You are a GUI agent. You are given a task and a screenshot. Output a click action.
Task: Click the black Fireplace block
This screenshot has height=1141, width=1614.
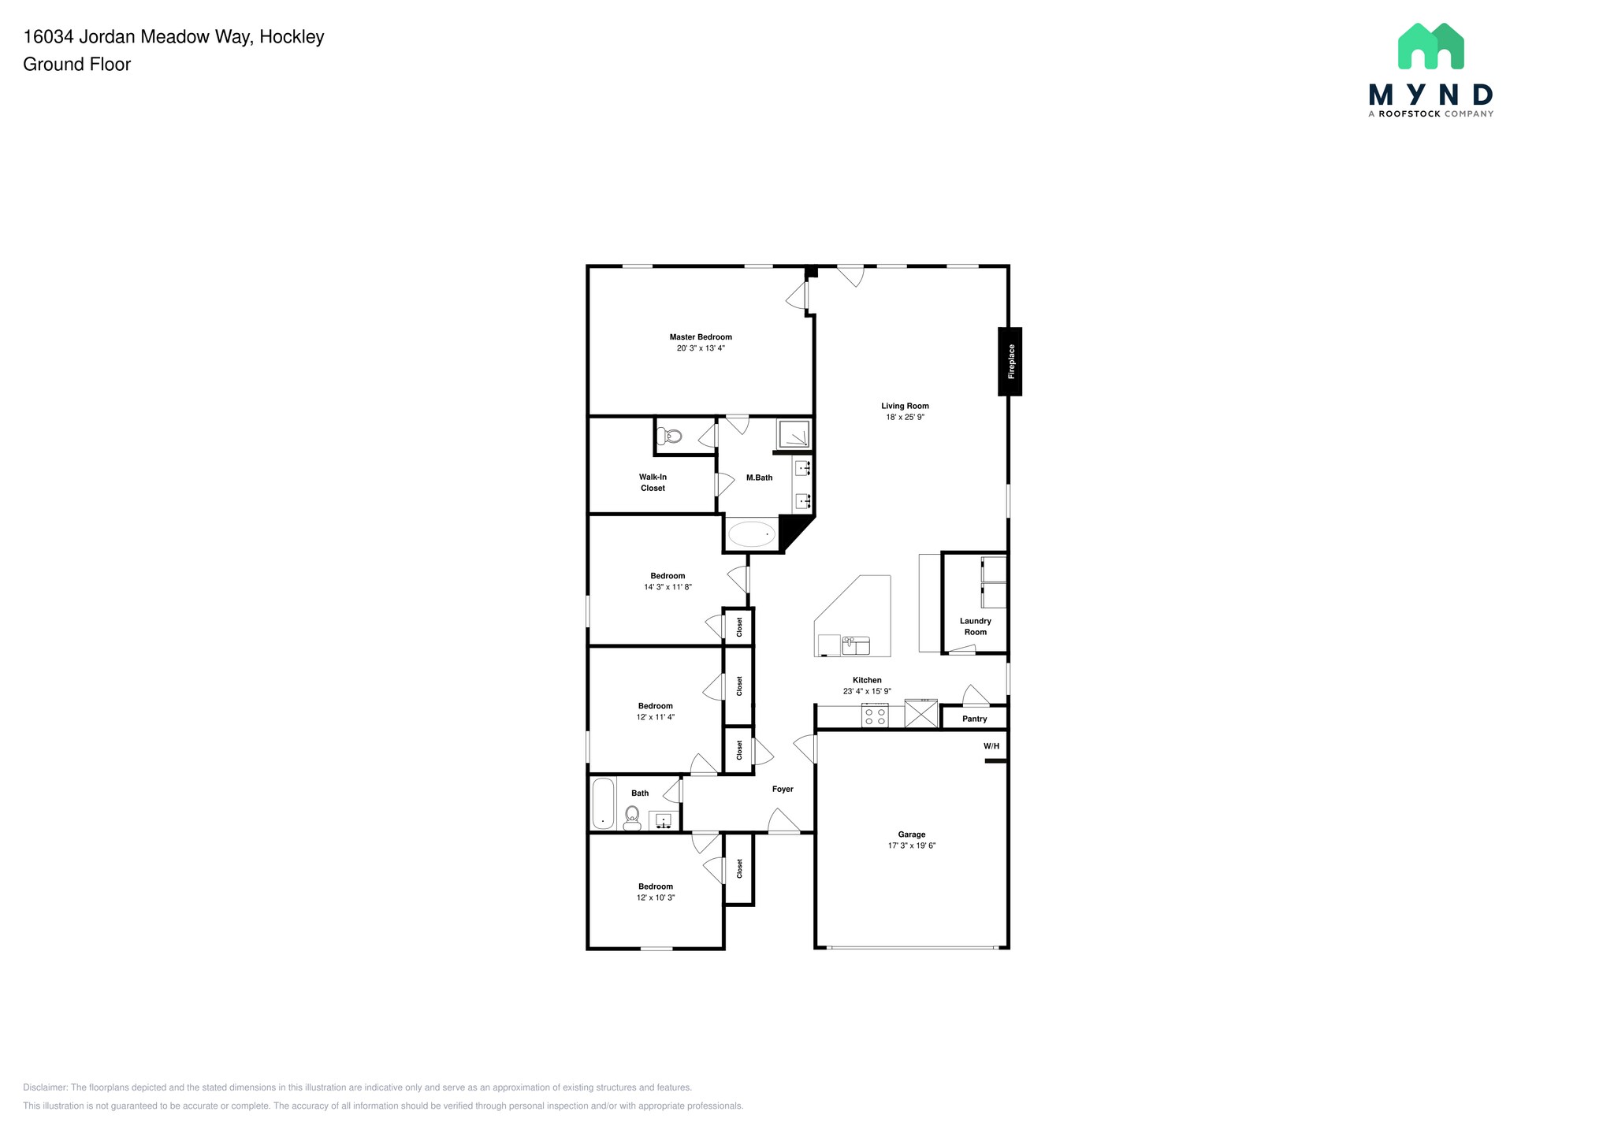pyautogui.click(x=1010, y=362)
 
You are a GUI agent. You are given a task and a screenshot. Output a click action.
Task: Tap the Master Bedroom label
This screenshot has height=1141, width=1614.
pyautogui.click(x=701, y=337)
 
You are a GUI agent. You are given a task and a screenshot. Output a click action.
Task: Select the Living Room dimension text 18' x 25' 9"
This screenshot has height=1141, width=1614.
pyautogui.click(x=905, y=418)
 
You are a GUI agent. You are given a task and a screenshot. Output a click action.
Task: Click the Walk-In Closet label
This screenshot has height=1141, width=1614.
pyautogui.click(x=653, y=482)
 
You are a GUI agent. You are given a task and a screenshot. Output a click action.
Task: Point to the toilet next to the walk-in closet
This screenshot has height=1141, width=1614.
pyautogui.click(x=670, y=436)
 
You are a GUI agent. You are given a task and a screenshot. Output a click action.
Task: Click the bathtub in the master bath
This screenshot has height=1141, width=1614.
pyautogui.click(x=752, y=534)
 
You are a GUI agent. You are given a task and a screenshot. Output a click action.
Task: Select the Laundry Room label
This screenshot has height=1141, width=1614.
pyautogui.click(x=975, y=626)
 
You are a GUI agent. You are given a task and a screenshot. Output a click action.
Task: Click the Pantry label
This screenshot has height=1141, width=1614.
pyautogui.click(x=974, y=719)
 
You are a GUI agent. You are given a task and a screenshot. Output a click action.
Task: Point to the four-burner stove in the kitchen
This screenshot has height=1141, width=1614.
pyautogui.click(x=875, y=716)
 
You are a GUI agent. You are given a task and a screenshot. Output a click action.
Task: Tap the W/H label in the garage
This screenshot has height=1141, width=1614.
pyautogui.click(x=991, y=746)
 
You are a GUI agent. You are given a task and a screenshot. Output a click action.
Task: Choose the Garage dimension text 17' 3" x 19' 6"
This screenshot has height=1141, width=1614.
pyautogui.click(x=912, y=846)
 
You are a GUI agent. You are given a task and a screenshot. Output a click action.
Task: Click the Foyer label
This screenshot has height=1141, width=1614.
pyautogui.click(x=783, y=789)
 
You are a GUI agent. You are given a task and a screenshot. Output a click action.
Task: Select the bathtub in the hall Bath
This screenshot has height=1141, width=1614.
pyautogui.click(x=603, y=803)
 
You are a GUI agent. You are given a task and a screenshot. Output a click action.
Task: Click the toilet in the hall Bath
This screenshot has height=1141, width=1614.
pyautogui.click(x=632, y=818)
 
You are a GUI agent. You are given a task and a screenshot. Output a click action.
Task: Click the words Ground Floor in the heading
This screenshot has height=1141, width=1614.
pyautogui.click(x=76, y=65)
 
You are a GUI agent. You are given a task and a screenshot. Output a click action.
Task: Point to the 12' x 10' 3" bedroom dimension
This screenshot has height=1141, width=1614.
pyautogui.click(x=656, y=898)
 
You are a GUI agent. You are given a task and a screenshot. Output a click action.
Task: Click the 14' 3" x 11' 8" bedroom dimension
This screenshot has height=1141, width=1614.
pyautogui.click(x=668, y=587)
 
